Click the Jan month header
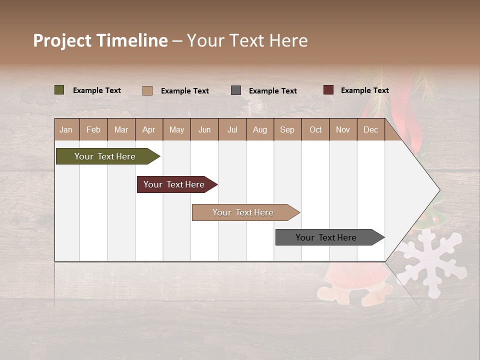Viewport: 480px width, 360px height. [x=66, y=129]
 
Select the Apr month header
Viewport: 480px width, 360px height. [x=149, y=129]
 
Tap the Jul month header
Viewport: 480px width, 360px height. [x=232, y=129]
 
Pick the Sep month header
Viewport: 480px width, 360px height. [x=287, y=129]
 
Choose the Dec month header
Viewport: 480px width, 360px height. [x=370, y=129]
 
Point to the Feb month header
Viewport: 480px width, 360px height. [x=93, y=129]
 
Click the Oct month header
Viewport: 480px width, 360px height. [x=315, y=129]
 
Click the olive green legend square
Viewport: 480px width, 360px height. [x=59, y=90]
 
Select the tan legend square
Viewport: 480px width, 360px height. [x=147, y=90]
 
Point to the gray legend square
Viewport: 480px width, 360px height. [x=236, y=90]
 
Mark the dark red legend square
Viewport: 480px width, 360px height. [x=328, y=90]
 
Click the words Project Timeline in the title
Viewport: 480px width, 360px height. [x=100, y=40]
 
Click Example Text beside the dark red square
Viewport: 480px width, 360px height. [x=364, y=90]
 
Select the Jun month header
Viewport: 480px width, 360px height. [x=204, y=129]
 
